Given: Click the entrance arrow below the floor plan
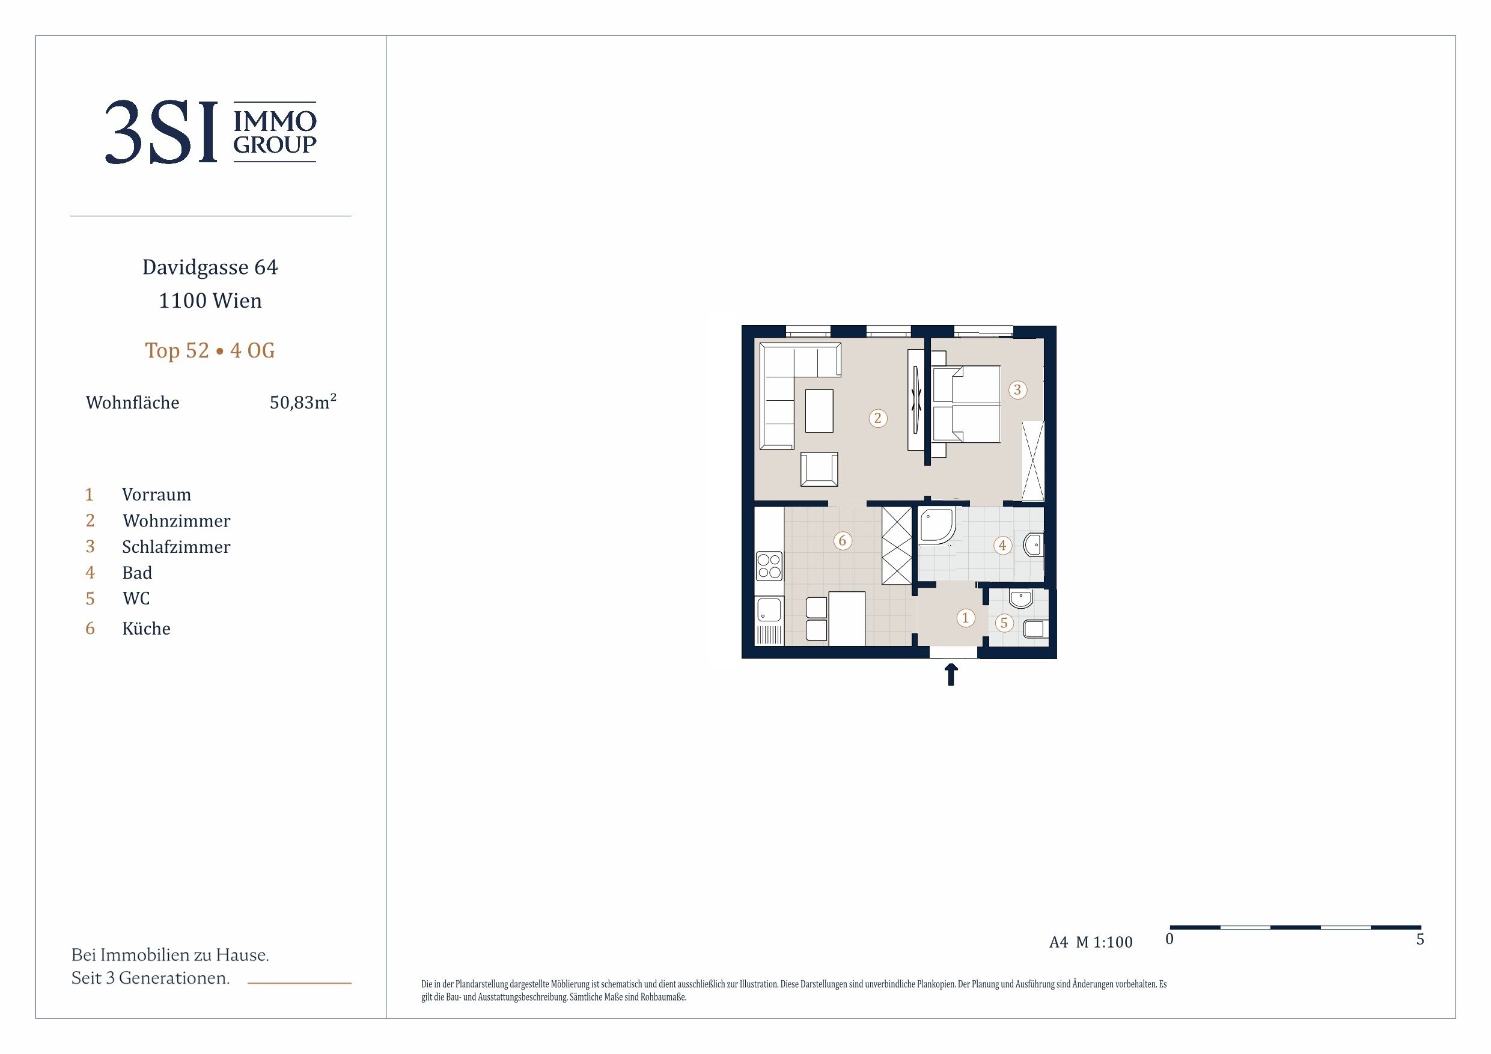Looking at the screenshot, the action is pos(951,674).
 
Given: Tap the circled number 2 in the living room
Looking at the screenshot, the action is pos(878,418).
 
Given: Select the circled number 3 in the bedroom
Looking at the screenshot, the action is pos(1017,389).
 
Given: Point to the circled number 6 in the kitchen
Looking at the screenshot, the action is pos(843,540).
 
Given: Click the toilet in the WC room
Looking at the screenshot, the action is pos(1034,629).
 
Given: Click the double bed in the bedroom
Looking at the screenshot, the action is pos(966,404).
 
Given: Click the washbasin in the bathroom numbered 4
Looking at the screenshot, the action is pos(1033,546).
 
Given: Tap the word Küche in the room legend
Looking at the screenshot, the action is pos(146,629).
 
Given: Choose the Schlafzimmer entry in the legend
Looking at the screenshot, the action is pos(176,547).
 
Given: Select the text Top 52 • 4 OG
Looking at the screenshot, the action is pos(210,351).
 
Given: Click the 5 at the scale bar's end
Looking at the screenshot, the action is pos(1420,939).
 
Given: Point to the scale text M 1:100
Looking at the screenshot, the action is pos(1104,942).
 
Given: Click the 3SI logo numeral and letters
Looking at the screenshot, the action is pos(161,132).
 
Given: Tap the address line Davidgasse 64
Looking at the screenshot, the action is pos(210,267).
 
